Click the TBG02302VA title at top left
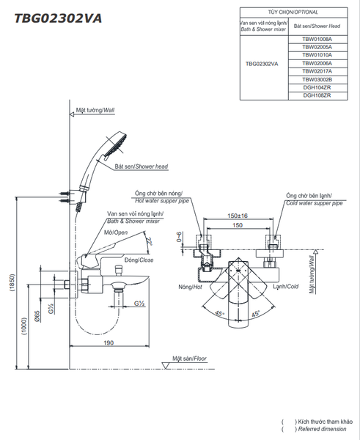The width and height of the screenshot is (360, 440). click(x=58, y=18)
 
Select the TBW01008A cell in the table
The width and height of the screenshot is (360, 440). click(x=317, y=40)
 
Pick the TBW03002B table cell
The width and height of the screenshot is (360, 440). click(x=317, y=79)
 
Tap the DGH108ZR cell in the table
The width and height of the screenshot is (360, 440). click(x=317, y=95)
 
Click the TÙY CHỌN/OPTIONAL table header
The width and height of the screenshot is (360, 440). click(x=293, y=12)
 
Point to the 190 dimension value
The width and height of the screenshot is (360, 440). click(x=109, y=342)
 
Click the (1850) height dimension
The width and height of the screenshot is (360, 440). click(x=12, y=283)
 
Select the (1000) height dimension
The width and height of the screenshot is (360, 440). click(x=24, y=326)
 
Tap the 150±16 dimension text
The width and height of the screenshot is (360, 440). click(x=238, y=216)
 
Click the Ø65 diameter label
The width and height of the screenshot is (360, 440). click(x=37, y=316)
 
